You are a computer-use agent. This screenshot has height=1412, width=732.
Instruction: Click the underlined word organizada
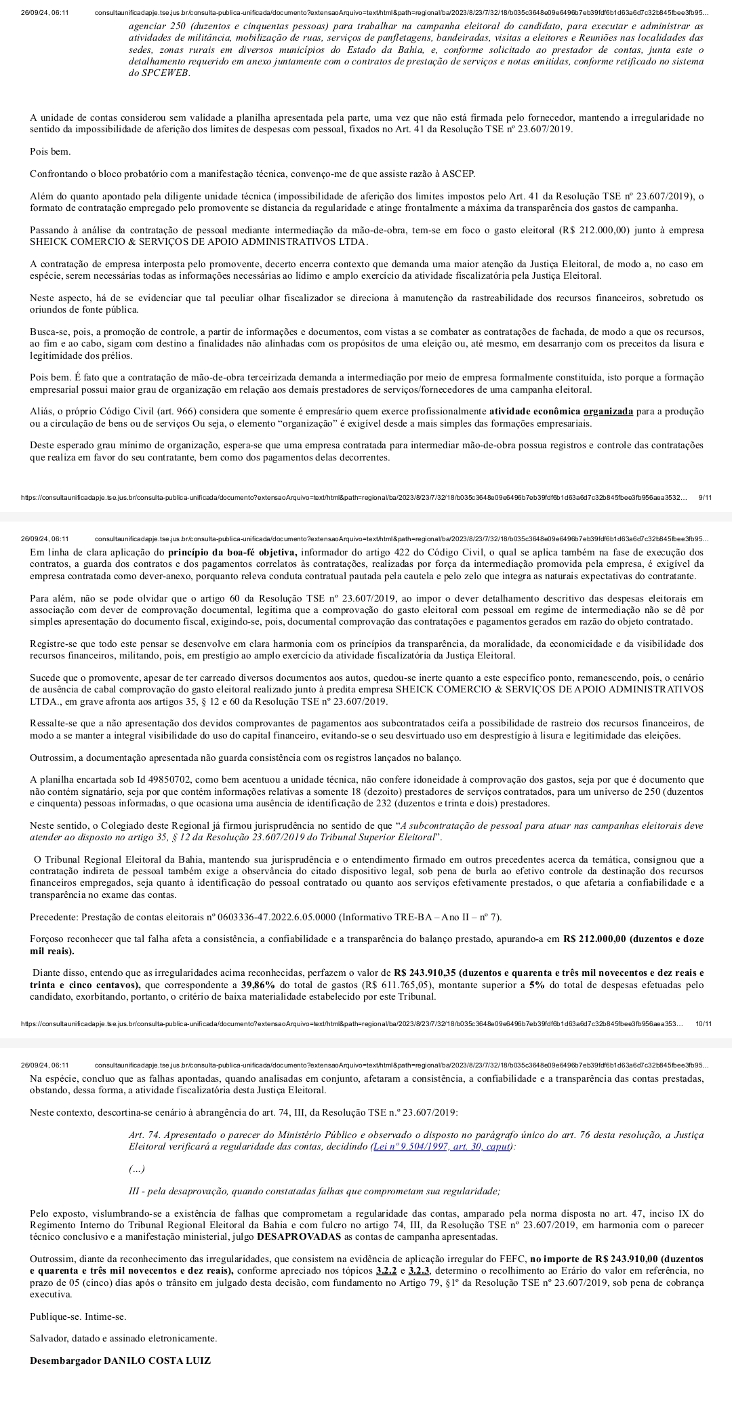608,412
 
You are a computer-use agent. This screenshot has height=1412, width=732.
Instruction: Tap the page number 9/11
704,498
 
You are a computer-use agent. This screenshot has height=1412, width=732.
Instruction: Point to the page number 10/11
703,1023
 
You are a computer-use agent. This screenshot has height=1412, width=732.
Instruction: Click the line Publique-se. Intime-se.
78,1316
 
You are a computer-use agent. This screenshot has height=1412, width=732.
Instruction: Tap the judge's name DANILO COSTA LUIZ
157,1361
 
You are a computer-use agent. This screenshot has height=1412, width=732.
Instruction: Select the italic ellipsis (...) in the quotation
136,1169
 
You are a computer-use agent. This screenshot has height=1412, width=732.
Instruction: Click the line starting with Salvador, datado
124,1339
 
